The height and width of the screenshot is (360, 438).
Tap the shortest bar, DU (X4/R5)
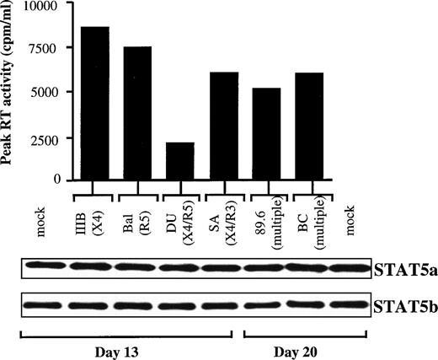click(180, 161)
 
